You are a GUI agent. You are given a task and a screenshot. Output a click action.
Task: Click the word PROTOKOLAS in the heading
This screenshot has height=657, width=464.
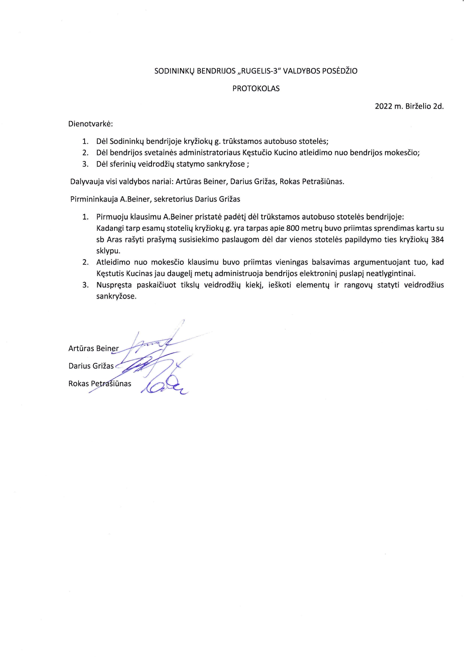[256, 89]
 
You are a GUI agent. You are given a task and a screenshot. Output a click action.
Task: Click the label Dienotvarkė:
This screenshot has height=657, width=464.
[90, 124]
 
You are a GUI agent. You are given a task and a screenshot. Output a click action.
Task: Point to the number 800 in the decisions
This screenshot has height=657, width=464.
[292, 228]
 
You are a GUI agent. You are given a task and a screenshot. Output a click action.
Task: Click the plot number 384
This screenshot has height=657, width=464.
[437, 239]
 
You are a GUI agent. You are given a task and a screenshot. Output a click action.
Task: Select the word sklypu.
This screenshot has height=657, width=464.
[108, 251]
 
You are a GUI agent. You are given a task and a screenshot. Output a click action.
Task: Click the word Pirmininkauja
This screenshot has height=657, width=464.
[94, 199]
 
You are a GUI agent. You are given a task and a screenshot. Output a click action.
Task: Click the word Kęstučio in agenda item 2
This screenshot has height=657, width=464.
[257, 153]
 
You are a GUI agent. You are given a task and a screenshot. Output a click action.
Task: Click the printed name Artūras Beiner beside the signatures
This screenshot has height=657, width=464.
[93, 349]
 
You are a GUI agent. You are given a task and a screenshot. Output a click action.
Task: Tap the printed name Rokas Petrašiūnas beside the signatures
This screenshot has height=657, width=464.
[100, 384]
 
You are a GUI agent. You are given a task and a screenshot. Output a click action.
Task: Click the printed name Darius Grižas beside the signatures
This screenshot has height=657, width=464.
[91, 366]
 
